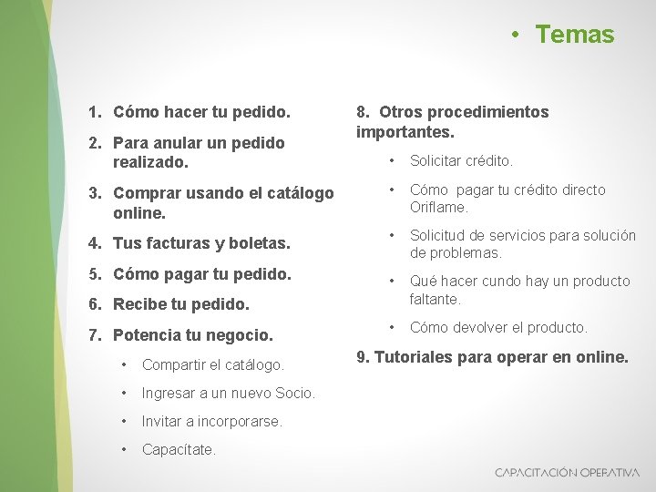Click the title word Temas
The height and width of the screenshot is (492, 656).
(x=575, y=35)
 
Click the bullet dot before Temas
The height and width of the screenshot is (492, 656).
(x=515, y=35)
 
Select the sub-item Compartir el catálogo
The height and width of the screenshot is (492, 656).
(x=213, y=365)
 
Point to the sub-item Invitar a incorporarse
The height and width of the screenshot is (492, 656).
(x=212, y=422)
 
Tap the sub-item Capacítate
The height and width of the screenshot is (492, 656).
(x=179, y=450)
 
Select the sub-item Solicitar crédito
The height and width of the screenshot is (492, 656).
(x=461, y=161)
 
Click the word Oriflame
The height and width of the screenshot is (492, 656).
(x=438, y=208)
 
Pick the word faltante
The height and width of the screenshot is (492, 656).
(x=435, y=299)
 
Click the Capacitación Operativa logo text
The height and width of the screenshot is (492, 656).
(x=567, y=473)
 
